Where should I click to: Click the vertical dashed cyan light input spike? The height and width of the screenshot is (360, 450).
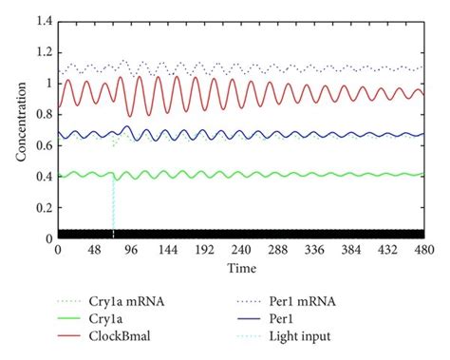tap(113, 204)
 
